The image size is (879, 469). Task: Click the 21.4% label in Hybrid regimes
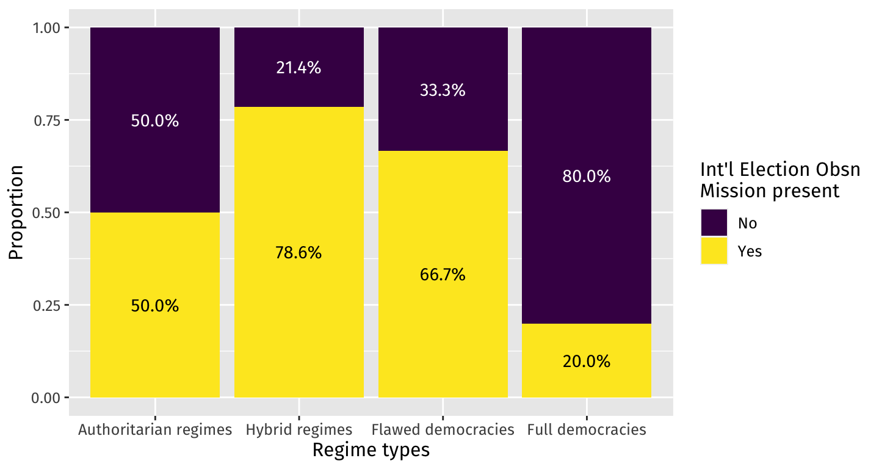pos(298,68)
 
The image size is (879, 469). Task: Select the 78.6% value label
pos(298,252)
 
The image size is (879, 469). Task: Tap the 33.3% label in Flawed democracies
pos(443,90)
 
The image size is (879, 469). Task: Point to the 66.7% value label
pos(443,275)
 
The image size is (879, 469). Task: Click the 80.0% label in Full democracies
pos(587,176)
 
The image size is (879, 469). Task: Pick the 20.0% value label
pos(587,362)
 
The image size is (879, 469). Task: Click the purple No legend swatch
pos(714,223)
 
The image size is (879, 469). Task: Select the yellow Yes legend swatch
pos(714,251)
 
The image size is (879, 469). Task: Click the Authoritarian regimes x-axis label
pos(155,430)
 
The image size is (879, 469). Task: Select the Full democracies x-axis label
pos(587,430)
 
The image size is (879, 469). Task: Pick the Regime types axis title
pos(371,451)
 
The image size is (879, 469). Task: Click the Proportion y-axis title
pos(16,213)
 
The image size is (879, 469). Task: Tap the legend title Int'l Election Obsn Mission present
pos(780,180)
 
